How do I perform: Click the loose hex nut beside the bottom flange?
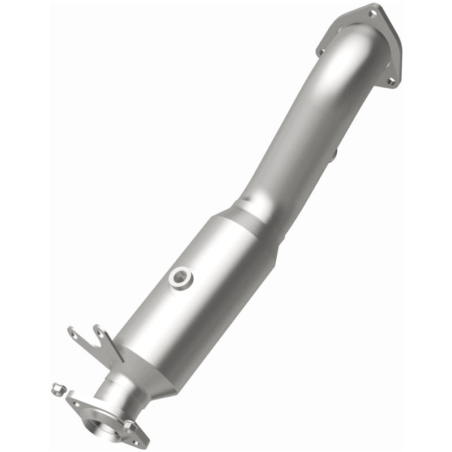56,388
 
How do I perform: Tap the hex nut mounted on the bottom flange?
129,424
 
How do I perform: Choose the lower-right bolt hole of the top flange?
390,81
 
